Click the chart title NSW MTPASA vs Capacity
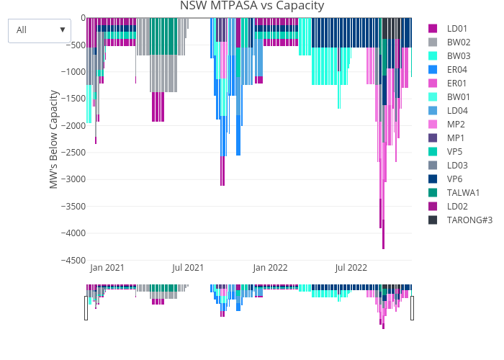point(252,6)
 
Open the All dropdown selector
point(40,30)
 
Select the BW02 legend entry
point(459,42)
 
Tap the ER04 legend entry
point(457,69)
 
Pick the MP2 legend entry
point(456,124)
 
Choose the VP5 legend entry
point(455,151)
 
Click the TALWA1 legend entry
point(463,192)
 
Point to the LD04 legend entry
point(457,110)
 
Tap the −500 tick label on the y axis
point(74,45)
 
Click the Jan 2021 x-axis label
point(107,268)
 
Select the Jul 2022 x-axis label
point(351,268)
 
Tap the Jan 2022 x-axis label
point(270,268)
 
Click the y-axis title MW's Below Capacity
point(54,139)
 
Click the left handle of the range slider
point(86,308)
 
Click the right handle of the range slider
point(413,308)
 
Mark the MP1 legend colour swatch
point(433,138)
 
